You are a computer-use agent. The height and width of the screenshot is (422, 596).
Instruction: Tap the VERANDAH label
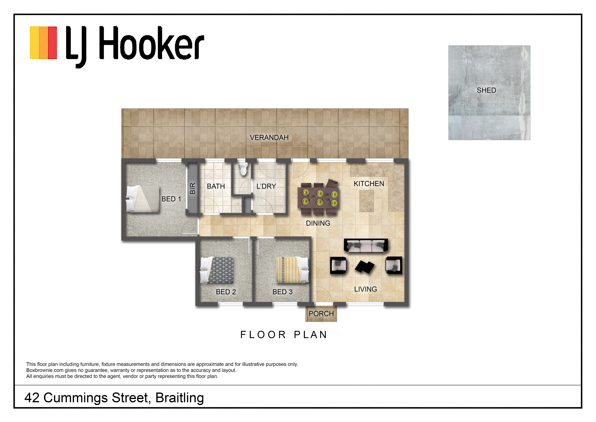click(269, 138)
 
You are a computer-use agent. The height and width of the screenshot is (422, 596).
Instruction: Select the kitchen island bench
click(367, 201)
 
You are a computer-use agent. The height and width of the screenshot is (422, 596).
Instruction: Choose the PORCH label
click(321, 314)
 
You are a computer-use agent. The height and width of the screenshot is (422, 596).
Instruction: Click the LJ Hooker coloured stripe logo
click(43, 42)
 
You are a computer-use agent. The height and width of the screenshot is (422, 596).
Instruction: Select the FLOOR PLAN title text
click(284, 335)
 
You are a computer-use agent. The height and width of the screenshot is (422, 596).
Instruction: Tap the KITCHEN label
click(369, 184)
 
